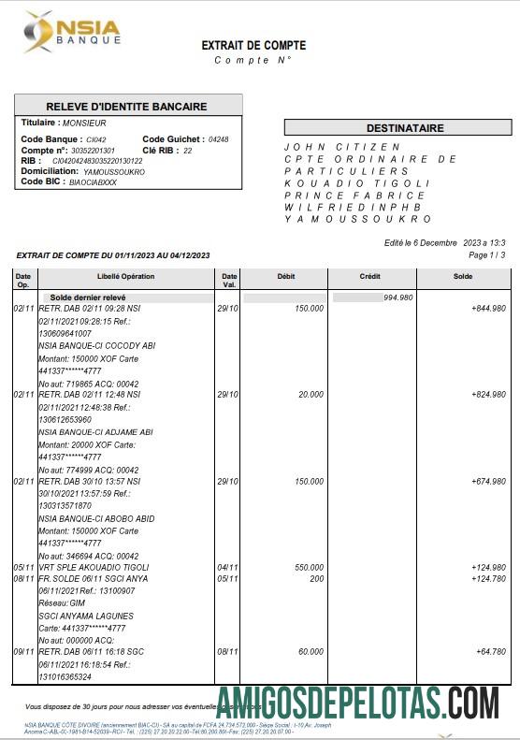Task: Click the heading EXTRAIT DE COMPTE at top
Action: click(x=253, y=45)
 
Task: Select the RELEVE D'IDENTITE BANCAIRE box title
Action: click(x=128, y=106)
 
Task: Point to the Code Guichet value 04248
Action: click(x=218, y=139)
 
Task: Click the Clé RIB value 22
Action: click(x=187, y=150)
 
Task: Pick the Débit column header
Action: click(x=286, y=277)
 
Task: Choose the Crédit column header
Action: click(x=369, y=277)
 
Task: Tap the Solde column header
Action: click(x=462, y=277)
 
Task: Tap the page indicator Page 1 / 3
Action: click(x=485, y=254)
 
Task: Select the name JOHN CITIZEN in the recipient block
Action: click(x=341, y=147)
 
